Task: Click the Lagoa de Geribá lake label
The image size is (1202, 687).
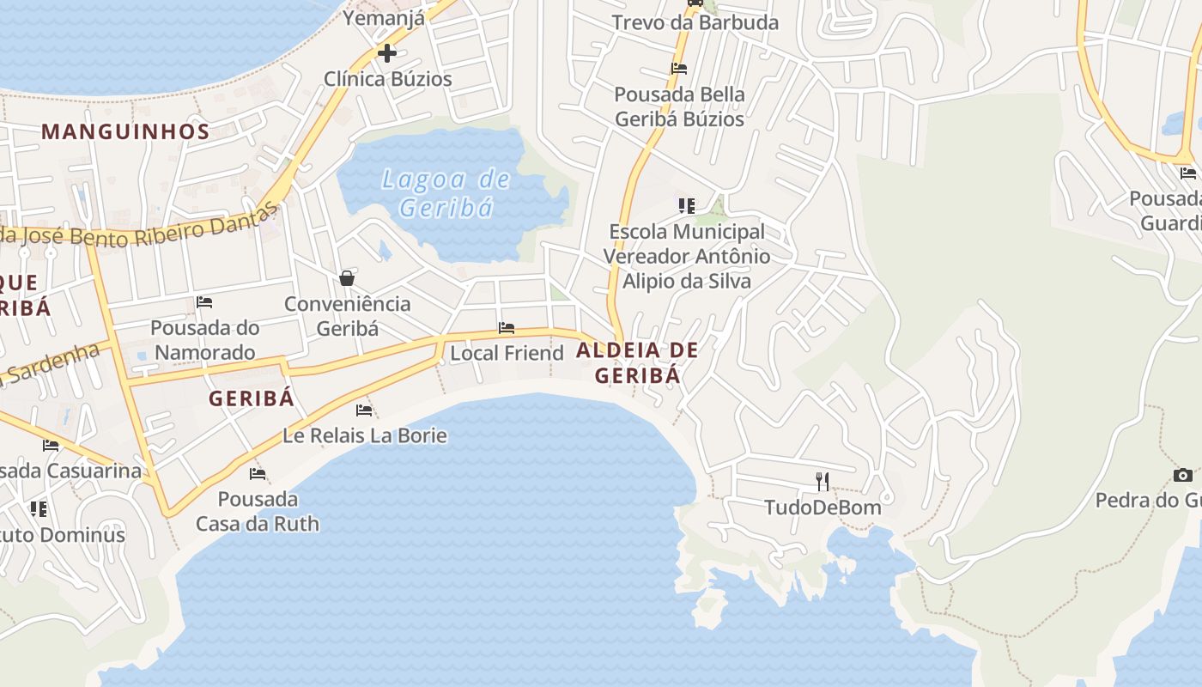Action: pos(446,193)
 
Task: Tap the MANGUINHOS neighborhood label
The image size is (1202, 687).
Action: pos(125,131)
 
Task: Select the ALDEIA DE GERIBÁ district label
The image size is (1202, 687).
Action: pos(637,362)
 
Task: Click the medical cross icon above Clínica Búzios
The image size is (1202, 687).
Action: pos(387,53)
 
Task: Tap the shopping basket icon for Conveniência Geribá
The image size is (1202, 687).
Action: pos(347,278)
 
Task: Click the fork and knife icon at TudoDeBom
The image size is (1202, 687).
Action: pos(823,481)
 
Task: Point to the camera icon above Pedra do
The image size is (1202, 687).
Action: pos(1182,475)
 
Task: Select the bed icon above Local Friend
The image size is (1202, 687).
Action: pos(507,328)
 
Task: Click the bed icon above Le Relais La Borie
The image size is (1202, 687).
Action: pos(364,410)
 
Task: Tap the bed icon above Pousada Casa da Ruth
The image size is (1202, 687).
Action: pos(258,474)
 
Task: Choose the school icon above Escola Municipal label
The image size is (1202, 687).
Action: pos(686,206)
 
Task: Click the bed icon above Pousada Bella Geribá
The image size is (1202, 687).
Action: pos(679,69)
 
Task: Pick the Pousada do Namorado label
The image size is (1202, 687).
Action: pos(204,340)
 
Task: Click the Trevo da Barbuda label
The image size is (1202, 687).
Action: pos(695,23)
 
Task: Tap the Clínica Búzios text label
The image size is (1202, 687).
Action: pos(387,79)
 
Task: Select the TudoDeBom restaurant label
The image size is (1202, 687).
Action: pos(823,508)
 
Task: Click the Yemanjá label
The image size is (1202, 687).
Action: pos(384,17)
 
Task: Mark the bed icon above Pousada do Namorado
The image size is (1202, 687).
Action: pos(204,302)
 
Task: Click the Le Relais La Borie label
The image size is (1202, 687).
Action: pos(365,435)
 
